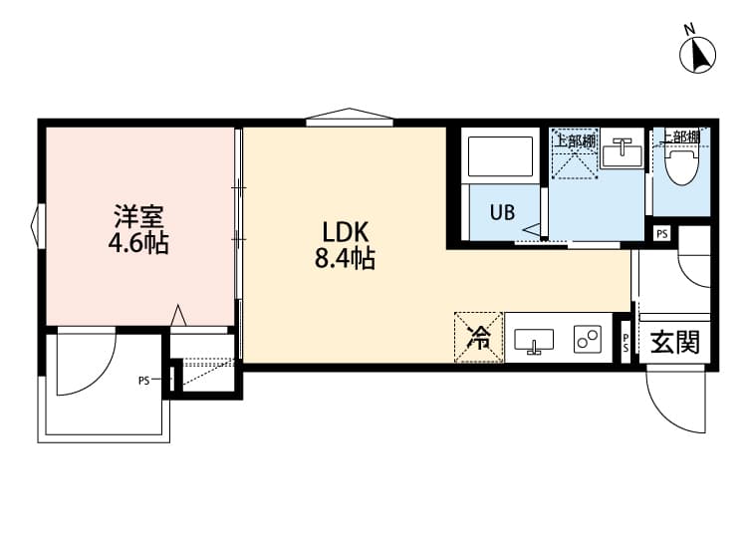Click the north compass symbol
pos(698,53)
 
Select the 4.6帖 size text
pos(138,242)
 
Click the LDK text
pos(341,231)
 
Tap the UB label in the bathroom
pos(501,211)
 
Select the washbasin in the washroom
pos(625,153)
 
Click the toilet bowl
pos(683,164)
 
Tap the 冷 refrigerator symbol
pos(479,338)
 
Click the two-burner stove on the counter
pos(588,339)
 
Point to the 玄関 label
pos(674,343)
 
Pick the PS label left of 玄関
pos(625,343)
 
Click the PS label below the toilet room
pos(662,233)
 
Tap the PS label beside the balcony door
pos(144,380)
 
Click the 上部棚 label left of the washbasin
pos(575,140)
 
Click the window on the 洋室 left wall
pos(37,225)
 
